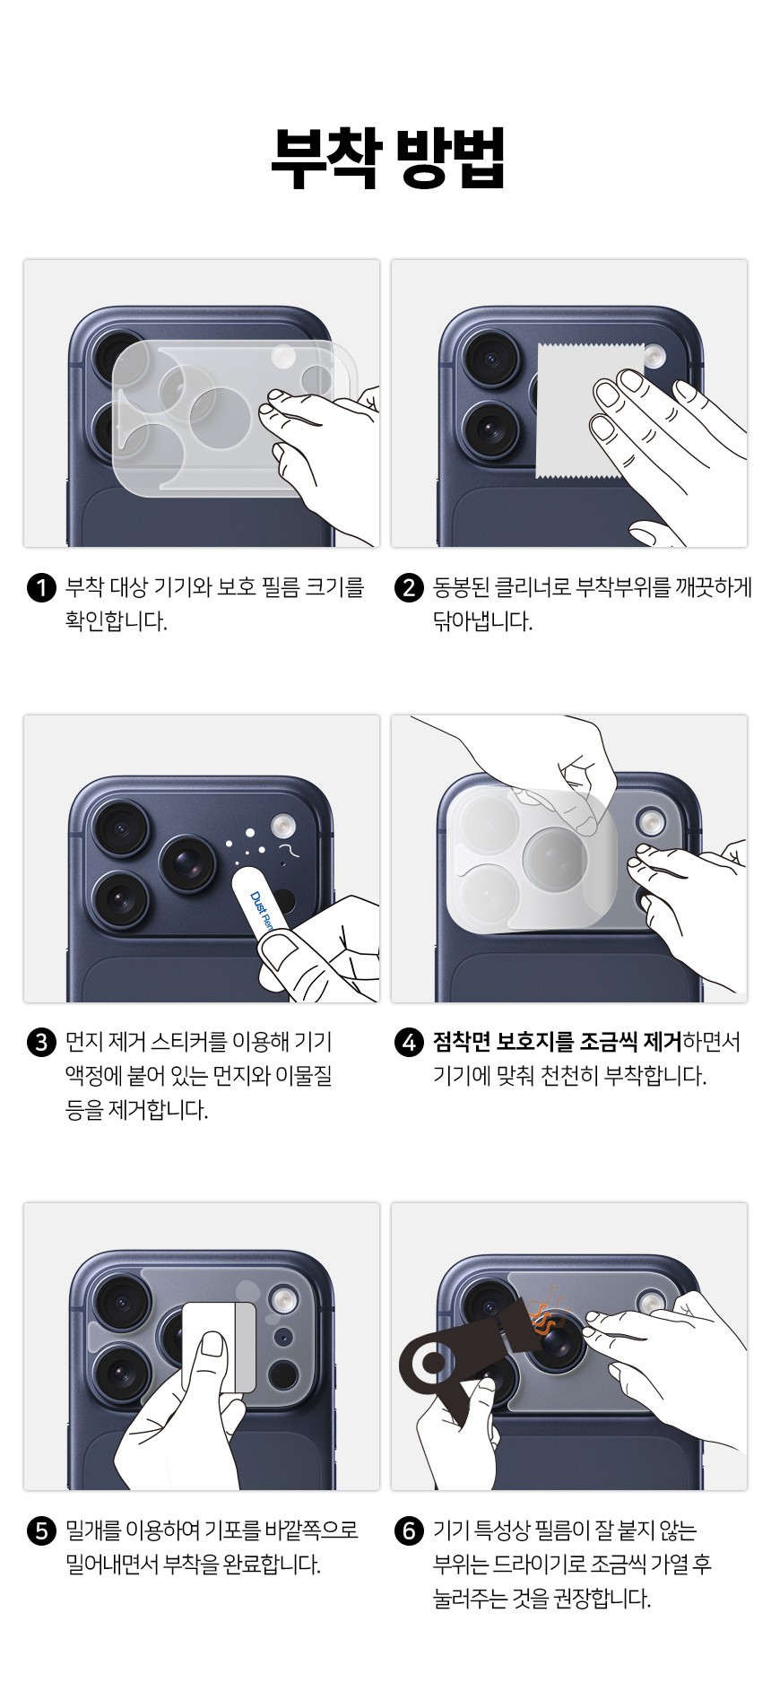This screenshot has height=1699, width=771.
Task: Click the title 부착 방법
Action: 388,158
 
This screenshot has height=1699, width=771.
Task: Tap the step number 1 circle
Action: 42,589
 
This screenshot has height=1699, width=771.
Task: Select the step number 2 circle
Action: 409,589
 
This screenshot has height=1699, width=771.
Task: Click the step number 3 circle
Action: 42,1044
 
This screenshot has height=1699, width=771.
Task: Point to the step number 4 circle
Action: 409,1044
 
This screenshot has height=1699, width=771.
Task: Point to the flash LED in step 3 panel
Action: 284,822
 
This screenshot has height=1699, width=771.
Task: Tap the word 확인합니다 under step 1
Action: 117,622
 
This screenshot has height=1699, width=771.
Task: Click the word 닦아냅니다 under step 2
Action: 483,622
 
